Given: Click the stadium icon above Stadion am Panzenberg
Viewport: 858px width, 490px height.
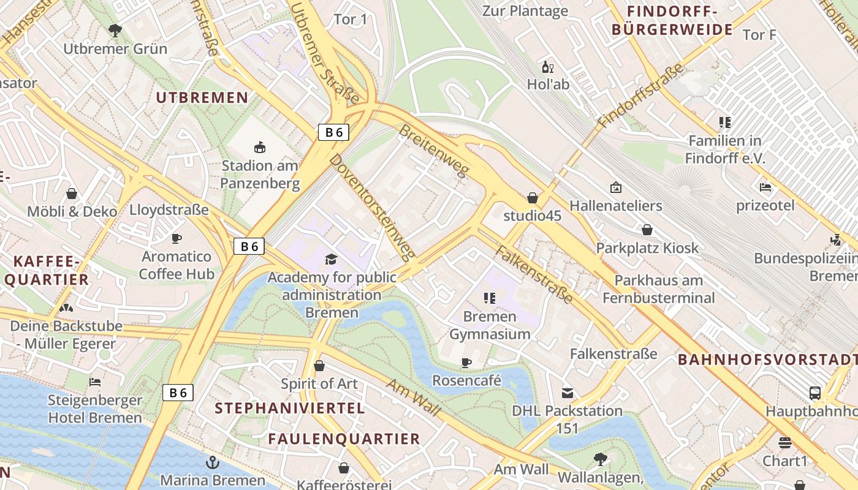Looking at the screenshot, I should point(260,147).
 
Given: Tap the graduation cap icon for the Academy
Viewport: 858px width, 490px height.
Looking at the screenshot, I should point(331,259).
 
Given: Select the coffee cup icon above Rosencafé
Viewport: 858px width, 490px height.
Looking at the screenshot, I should point(466,363).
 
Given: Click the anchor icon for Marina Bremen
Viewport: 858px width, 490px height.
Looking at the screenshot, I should point(213,462).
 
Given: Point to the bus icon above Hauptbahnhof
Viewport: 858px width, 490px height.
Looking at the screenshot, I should point(814,393).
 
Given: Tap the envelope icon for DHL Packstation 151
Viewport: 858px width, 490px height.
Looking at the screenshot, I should point(568,393).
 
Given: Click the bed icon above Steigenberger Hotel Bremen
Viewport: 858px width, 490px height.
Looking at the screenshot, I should point(95,382).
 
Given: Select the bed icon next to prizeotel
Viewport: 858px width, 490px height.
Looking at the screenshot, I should point(765,187).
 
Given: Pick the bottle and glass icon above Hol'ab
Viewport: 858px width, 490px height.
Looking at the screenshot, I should point(547,67).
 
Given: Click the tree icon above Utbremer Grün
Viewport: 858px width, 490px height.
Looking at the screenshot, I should point(115,30).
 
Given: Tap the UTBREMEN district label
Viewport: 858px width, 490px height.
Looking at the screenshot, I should point(202,97).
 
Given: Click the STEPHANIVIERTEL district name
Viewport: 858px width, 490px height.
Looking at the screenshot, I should point(289,408).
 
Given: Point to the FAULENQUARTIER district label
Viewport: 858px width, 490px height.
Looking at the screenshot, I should point(344,439).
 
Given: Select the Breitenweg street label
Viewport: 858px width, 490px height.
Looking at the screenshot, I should point(433,150).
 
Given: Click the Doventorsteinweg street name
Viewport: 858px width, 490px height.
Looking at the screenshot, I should point(372,207).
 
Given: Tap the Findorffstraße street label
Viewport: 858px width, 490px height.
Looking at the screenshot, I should point(640,96).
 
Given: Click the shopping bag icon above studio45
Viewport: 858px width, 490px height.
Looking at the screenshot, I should point(532,198).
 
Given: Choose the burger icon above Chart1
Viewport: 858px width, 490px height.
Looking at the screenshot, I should point(785,442).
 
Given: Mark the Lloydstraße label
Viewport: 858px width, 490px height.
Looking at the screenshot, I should point(169,210).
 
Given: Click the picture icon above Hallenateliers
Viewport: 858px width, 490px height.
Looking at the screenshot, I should point(615,187).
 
